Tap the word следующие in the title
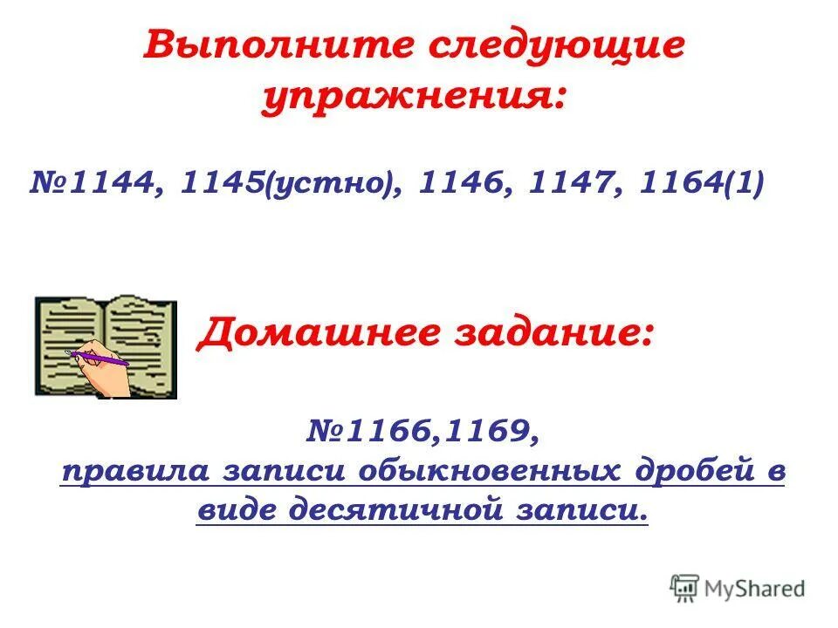(x=554, y=45)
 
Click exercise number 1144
(x=109, y=184)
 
